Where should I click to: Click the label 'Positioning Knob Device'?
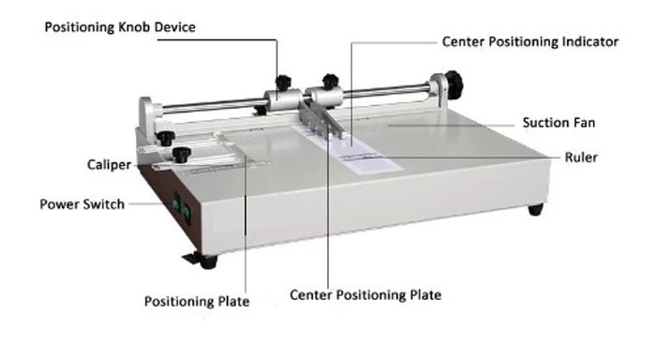[121, 27]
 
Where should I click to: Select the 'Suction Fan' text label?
[559, 123]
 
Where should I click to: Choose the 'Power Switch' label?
[82, 203]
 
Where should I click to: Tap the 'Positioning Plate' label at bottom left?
[197, 301]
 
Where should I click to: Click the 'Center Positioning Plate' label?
[365, 294]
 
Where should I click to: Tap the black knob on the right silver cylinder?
[329, 82]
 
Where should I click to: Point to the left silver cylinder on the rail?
[281, 98]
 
